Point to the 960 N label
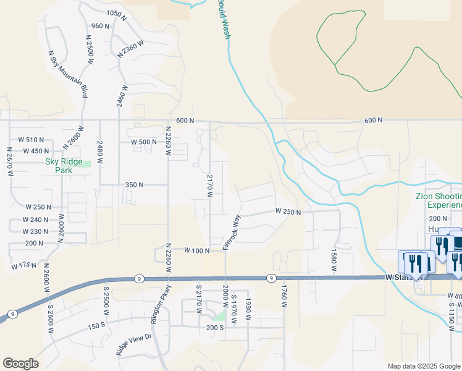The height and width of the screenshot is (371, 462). point(100,26)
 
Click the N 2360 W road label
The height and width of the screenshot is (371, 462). point(130,49)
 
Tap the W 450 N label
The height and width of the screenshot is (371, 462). point(35,151)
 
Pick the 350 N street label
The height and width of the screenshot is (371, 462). point(134,184)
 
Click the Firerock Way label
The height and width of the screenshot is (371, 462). point(231,232)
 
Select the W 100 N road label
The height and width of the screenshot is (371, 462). point(197,250)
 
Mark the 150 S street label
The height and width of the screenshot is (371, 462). point(97,326)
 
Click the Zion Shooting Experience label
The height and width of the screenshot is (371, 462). point(438,200)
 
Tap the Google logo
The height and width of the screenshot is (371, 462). point(20,364)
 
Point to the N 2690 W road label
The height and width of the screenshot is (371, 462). point(61,228)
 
